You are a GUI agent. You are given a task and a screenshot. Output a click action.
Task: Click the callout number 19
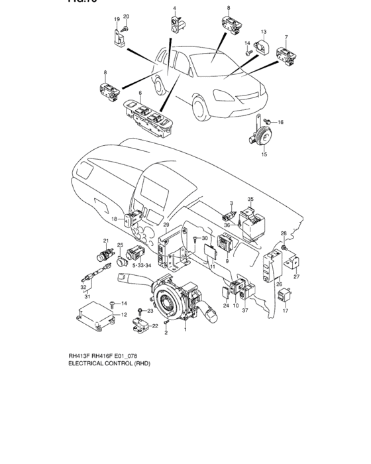click(116, 19)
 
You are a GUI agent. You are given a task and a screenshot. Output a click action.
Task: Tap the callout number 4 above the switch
click(175, 9)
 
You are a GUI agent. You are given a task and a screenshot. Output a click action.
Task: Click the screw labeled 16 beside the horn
click(268, 122)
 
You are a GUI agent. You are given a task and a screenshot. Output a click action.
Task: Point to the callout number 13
click(263, 32)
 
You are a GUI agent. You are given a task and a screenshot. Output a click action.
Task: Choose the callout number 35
click(250, 199)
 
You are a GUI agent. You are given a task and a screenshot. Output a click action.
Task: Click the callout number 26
click(279, 284)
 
